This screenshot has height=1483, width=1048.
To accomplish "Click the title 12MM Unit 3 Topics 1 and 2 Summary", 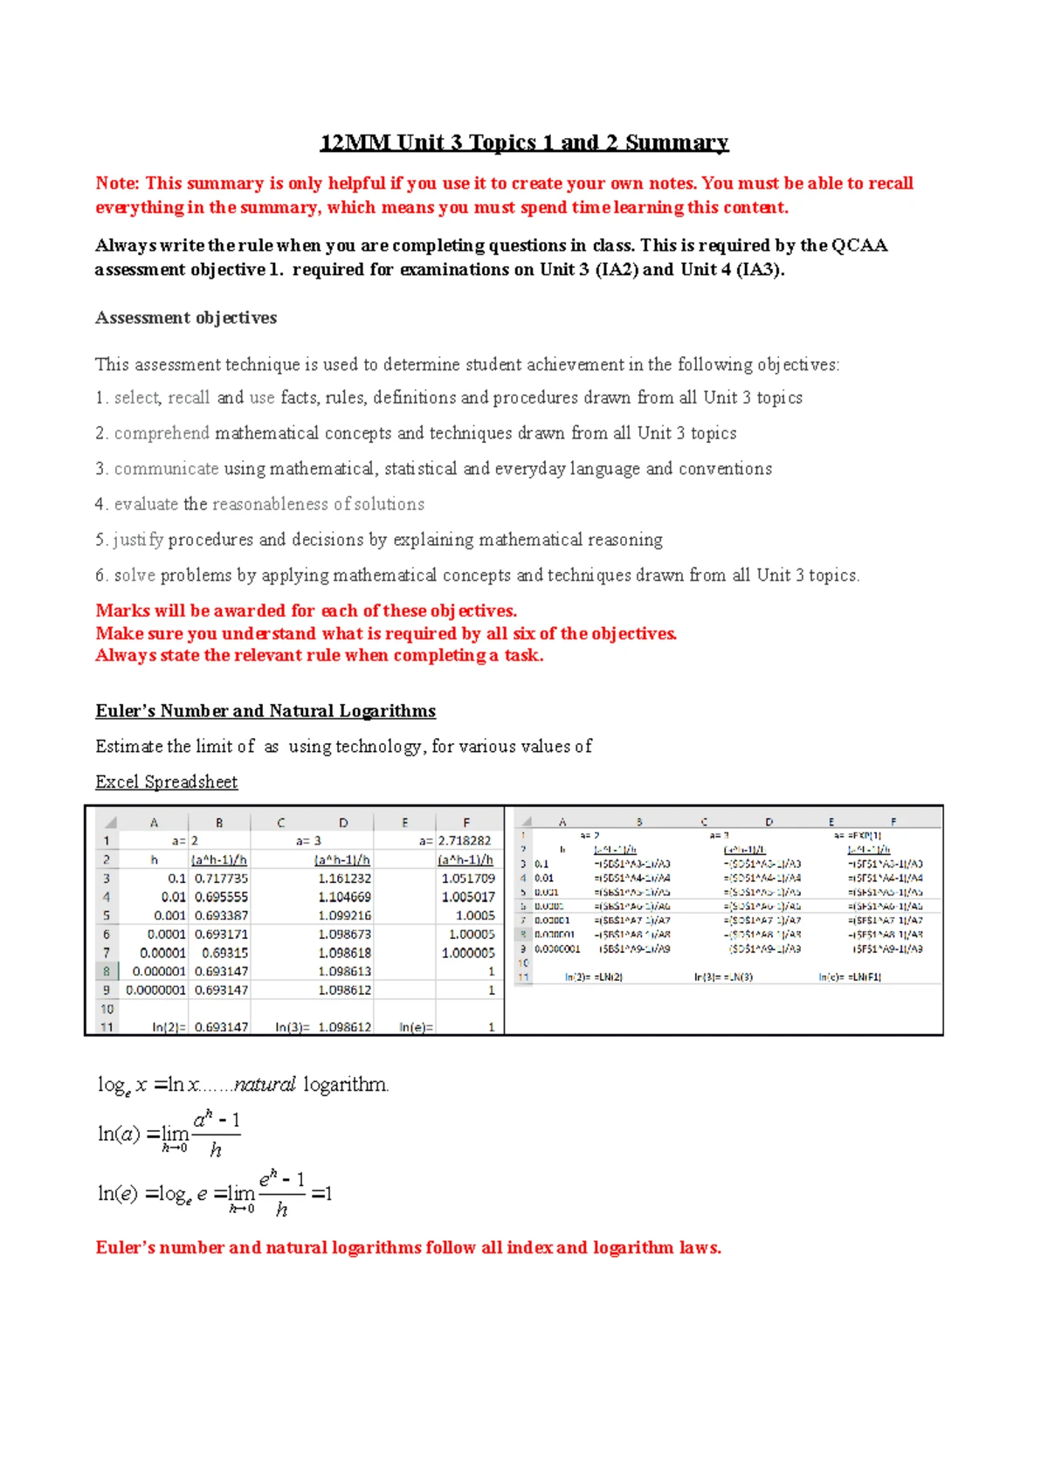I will (524, 142).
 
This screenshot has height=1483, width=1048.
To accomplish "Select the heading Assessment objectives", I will (186, 318).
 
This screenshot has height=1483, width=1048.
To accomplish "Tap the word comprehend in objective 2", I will (162, 433).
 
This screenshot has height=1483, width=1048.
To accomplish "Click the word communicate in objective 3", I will (166, 469).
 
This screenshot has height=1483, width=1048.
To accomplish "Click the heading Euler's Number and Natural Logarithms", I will (265, 711).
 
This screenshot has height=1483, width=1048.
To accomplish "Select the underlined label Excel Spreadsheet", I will (166, 782).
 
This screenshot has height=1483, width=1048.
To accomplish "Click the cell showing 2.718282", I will (465, 841).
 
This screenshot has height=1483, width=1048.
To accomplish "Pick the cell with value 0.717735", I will (221, 879).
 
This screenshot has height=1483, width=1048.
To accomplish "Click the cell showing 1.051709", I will (468, 879).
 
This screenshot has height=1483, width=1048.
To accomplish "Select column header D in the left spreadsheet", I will (343, 823).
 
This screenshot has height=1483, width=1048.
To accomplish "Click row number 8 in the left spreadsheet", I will (107, 971).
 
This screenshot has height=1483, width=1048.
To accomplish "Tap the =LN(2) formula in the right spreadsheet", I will (608, 977).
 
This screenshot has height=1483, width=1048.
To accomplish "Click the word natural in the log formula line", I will (265, 1085).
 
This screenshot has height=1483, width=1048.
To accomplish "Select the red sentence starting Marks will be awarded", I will (306, 610).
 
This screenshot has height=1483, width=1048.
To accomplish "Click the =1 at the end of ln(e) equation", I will (321, 1194).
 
